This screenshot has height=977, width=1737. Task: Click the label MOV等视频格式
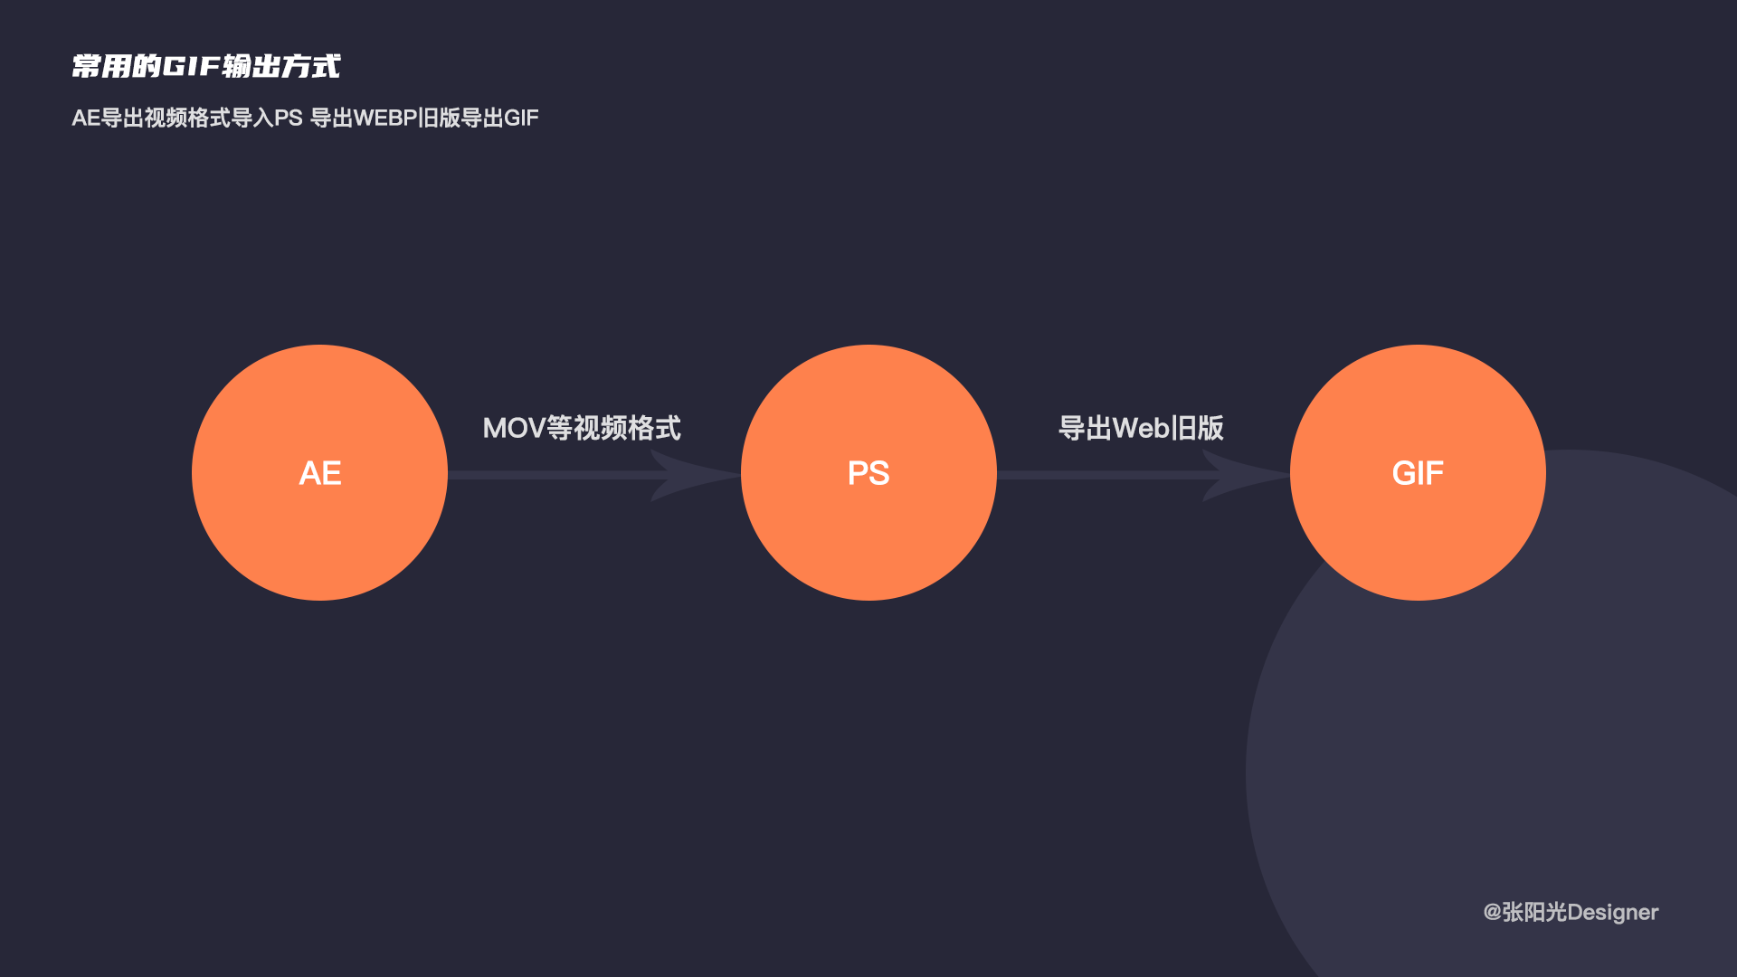click(x=582, y=428)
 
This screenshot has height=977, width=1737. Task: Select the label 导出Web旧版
click(x=1141, y=428)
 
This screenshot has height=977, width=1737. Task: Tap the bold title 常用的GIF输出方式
click(x=206, y=66)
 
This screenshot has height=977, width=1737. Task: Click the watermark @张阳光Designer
click(x=1571, y=912)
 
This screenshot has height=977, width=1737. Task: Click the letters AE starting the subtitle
click(x=86, y=119)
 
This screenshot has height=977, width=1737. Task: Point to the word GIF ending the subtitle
click(x=521, y=119)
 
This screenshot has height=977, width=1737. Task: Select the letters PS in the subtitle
click(x=288, y=119)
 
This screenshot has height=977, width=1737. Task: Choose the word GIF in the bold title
click(x=192, y=66)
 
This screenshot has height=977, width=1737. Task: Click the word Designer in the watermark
click(x=1612, y=912)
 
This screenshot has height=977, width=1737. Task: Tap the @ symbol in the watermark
click(x=1492, y=912)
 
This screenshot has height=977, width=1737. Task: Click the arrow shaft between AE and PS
click(x=552, y=475)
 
